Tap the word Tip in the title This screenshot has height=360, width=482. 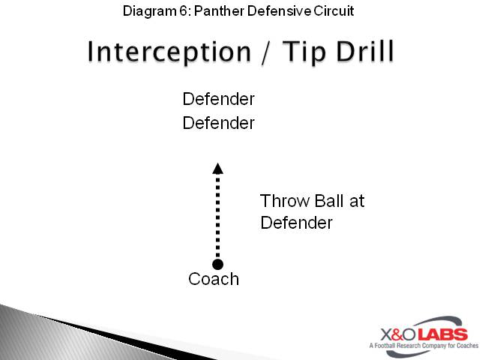tap(295, 52)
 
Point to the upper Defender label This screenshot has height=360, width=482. tap(218, 99)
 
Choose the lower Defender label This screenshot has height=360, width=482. tap(218, 123)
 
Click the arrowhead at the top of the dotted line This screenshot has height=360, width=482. tap(217, 168)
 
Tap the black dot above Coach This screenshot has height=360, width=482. tap(217, 264)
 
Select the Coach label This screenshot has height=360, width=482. tap(214, 280)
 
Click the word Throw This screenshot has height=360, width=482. tap(282, 201)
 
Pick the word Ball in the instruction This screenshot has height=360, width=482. tap(328, 201)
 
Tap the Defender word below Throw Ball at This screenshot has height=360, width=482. tap(296, 223)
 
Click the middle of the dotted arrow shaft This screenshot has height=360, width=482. tap(217, 217)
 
